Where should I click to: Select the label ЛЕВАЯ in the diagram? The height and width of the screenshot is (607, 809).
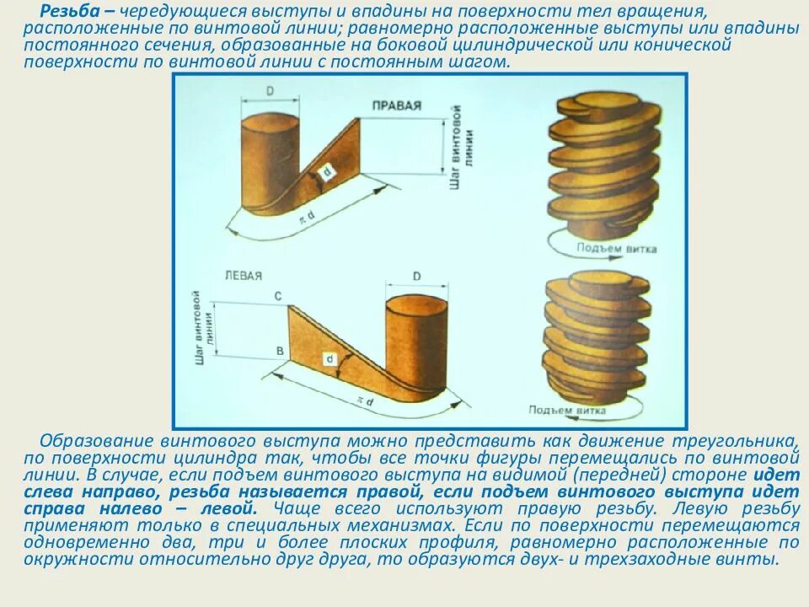[244, 275]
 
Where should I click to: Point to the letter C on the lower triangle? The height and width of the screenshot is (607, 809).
[277, 296]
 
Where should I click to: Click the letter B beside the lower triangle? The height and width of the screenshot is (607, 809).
[278, 348]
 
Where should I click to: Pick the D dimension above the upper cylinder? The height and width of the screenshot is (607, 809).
[271, 89]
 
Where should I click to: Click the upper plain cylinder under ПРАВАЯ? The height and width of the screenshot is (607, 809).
[270, 160]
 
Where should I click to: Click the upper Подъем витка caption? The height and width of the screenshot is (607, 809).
[618, 249]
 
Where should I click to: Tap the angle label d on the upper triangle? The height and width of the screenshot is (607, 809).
[327, 173]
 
